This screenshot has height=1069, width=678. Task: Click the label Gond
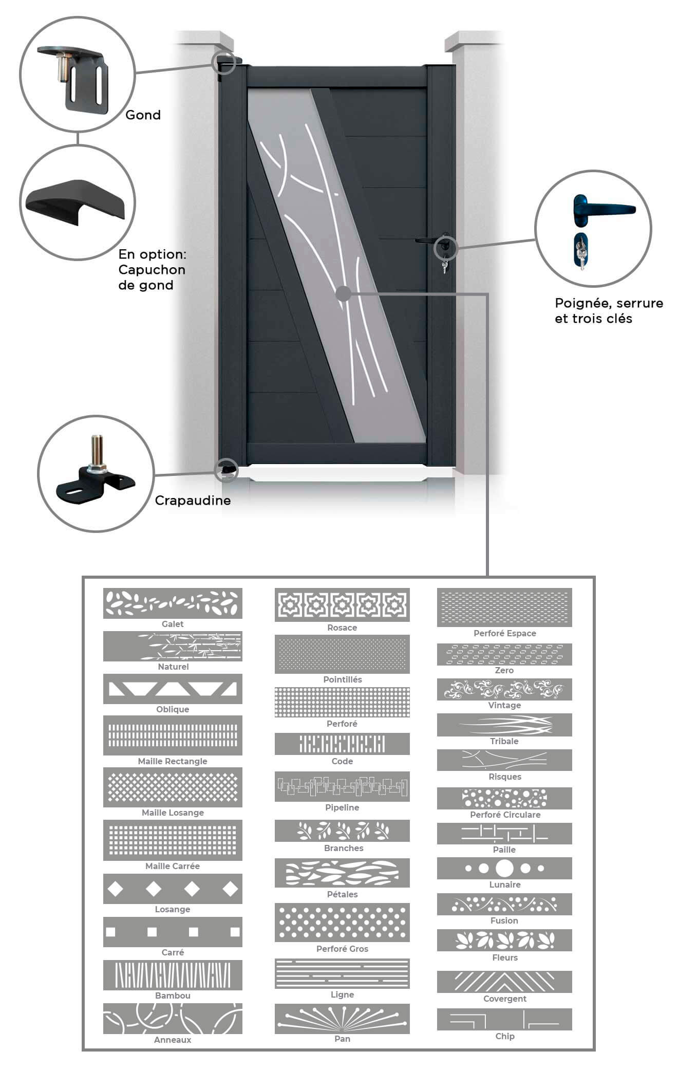(x=143, y=115)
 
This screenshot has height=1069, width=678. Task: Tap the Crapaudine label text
(x=193, y=501)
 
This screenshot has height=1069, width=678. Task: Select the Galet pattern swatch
(x=173, y=603)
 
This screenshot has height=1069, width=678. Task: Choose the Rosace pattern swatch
(x=342, y=605)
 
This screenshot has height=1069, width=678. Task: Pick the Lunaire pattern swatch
(x=504, y=868)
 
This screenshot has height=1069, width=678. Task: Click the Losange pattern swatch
(x=173, y=889)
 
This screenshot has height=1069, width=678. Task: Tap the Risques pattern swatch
(x=504, y=760)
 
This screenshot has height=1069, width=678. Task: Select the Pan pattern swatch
(x=342, y=1019)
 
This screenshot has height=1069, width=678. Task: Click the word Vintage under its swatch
(x=504, y=705)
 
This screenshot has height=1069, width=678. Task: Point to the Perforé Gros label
(x=342, y=949)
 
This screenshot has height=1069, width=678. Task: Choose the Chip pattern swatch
(x=504, y=1019)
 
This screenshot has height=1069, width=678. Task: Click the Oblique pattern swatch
(x=173, y=689)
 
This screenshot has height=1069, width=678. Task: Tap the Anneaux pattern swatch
(x=173, y=1019)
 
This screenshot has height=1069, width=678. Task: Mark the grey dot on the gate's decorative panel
(x=343, y=294)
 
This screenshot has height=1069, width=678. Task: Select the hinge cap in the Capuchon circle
(x=76, y=202)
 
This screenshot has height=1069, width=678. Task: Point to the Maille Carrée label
(x=173, y=866)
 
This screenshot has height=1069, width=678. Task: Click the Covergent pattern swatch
(x=504, y=982)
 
